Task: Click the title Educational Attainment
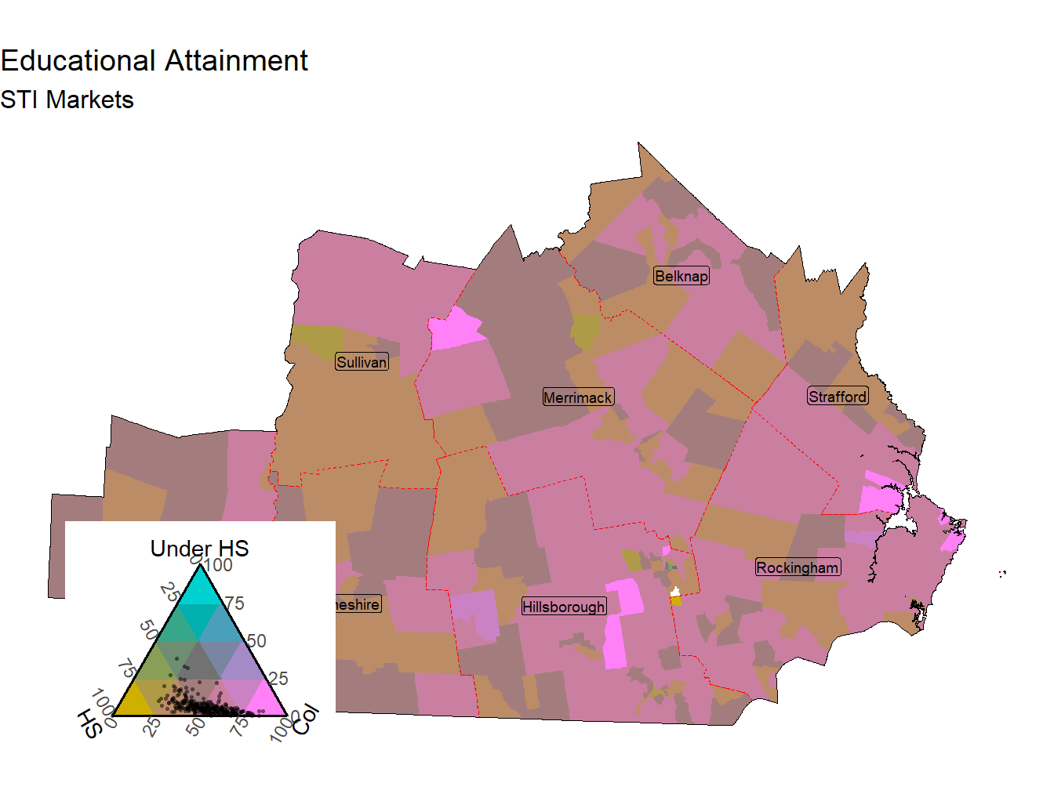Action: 154,61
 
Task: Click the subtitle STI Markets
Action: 67,100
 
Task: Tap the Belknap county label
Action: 681,276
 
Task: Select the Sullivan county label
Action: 362,362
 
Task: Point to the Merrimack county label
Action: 578,397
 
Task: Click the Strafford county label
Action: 838,397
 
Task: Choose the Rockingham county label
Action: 798,567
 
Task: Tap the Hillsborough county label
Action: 564,607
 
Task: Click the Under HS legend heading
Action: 199,549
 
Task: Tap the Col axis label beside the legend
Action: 307,719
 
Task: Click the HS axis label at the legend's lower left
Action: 90,723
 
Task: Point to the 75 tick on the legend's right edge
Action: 234,603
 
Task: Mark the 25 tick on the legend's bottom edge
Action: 152,727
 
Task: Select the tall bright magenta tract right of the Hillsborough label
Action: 621,619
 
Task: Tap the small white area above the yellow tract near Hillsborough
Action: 674,592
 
